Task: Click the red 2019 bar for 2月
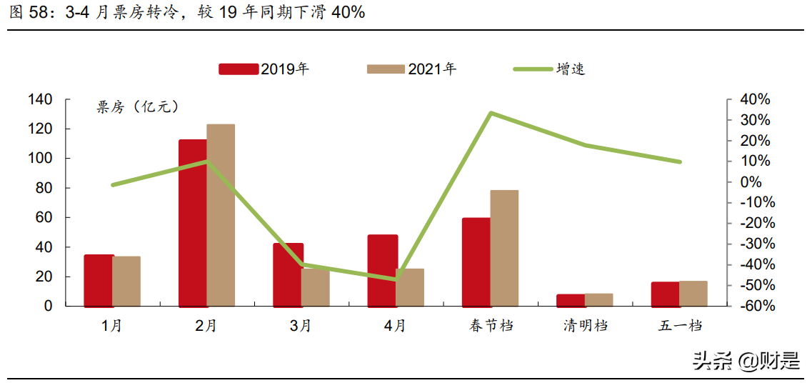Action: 193,223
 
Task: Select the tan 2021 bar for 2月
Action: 221,215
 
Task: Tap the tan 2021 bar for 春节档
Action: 504,248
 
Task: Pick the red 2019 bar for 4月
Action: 382,270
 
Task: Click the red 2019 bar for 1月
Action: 99,280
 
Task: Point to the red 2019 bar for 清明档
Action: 571,300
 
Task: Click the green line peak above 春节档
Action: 491,113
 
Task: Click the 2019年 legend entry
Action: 264,69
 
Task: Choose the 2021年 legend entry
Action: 412,69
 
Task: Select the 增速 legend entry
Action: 550,69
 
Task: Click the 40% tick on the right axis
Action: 754,99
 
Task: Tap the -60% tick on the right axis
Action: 754,306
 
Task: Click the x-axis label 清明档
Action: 585,327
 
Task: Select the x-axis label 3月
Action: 301,327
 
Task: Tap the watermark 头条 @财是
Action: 746,361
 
